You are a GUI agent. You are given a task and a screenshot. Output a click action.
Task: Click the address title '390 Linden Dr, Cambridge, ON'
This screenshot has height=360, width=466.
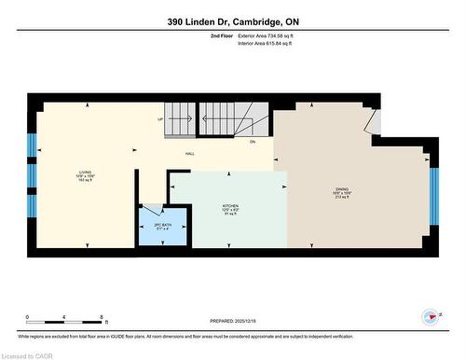[x=232, y=21]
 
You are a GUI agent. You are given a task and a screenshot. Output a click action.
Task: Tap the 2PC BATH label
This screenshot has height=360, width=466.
[x=149, y=225]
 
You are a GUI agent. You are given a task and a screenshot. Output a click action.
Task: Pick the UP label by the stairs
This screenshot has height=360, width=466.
[x=160, y=120]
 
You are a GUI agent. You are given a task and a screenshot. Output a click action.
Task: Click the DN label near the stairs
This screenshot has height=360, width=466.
[x=252, y=142]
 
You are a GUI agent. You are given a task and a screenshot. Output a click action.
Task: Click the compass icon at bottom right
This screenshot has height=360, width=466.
[x=431, y=316]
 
